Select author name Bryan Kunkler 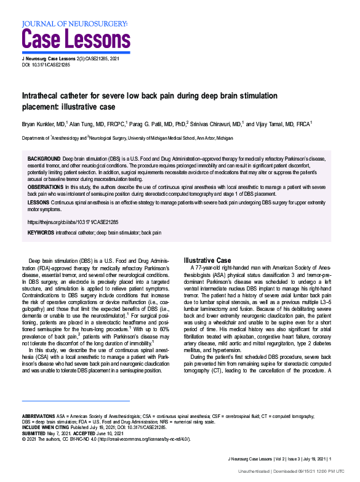(x=42, y=124)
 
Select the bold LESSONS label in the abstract (x=39, y=201)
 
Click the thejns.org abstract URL (x=73, y=221)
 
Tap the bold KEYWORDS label (x=42, y=233)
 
